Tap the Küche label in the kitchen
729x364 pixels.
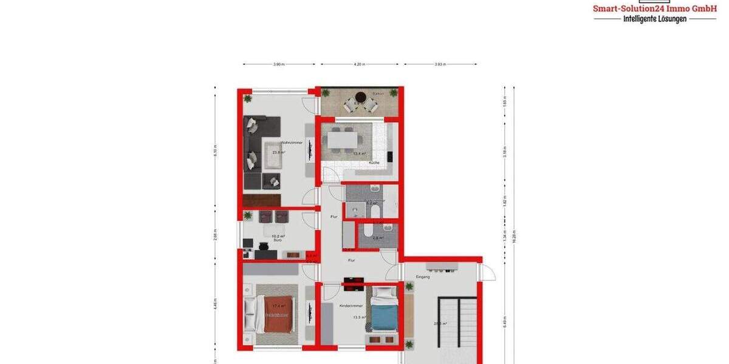(x=374, y=163)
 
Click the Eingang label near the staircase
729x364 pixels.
(x=423, y=277)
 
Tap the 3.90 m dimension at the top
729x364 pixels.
(x=278, y=64)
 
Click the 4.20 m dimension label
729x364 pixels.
(x=359, y=64)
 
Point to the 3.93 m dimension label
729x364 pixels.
(x=440, y=64)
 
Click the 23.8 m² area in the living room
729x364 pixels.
(x=278, y=152)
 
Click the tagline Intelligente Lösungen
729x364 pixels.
(x=655, y=19)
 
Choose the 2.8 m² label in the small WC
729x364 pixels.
(x=377, y=238)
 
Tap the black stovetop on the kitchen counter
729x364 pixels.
(x=389, y=157)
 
